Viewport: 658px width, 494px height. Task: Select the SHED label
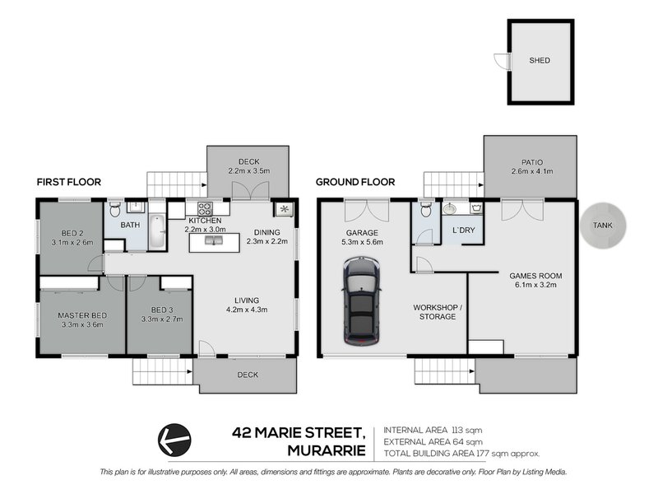(x=540, y=61)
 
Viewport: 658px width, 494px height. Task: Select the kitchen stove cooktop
(x=203, y=208)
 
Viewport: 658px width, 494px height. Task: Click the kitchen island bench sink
(x=214, y=241)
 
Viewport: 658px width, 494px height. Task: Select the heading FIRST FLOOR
(x=68, y=182)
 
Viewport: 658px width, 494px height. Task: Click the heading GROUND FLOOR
(x=355, y=182)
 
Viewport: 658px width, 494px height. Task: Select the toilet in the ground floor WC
(x=425, y=208)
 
